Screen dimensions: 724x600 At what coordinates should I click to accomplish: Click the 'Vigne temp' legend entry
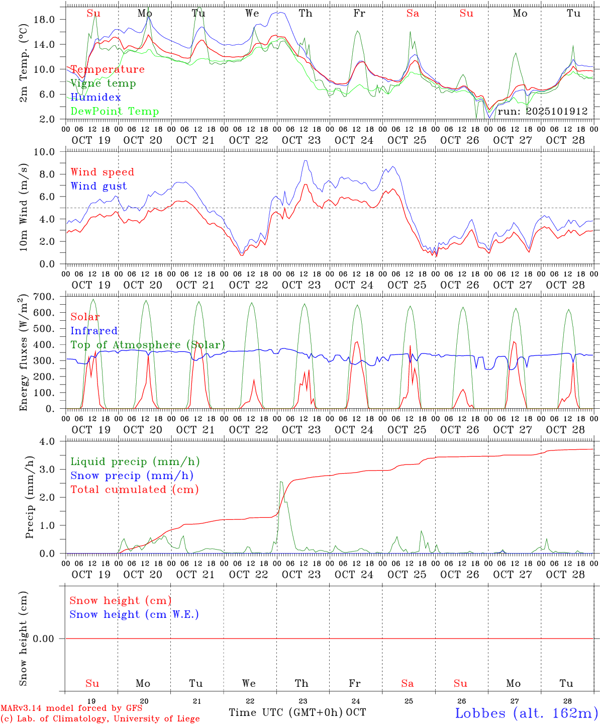click(103, 83)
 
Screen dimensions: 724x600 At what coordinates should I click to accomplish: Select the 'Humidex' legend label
click(95, 98)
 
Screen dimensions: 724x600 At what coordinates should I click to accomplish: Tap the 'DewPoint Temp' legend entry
click(115, 112)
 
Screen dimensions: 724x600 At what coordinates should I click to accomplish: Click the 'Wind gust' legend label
click(98, 186)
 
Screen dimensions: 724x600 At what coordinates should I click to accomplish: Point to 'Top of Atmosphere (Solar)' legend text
click(148, 345)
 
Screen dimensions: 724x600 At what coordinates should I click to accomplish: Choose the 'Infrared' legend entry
click(94, 331)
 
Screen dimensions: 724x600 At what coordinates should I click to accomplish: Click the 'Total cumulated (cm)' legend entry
click(135, 490)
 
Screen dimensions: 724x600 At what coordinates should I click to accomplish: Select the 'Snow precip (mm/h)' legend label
click(132, 476)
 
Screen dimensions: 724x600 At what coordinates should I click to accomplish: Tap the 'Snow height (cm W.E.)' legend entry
click(134, 614)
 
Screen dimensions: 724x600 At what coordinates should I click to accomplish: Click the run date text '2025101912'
click(557, 112)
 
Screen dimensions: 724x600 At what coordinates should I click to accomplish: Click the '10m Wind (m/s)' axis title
click(23, 208)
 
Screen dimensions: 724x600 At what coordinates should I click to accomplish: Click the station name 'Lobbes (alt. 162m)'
click(526, 713)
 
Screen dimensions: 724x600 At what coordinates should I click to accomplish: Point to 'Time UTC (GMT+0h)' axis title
click(286, 712)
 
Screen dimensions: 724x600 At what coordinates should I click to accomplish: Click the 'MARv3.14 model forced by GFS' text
click(71, 708)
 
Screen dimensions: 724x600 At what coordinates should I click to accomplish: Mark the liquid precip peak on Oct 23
click(281, 482)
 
